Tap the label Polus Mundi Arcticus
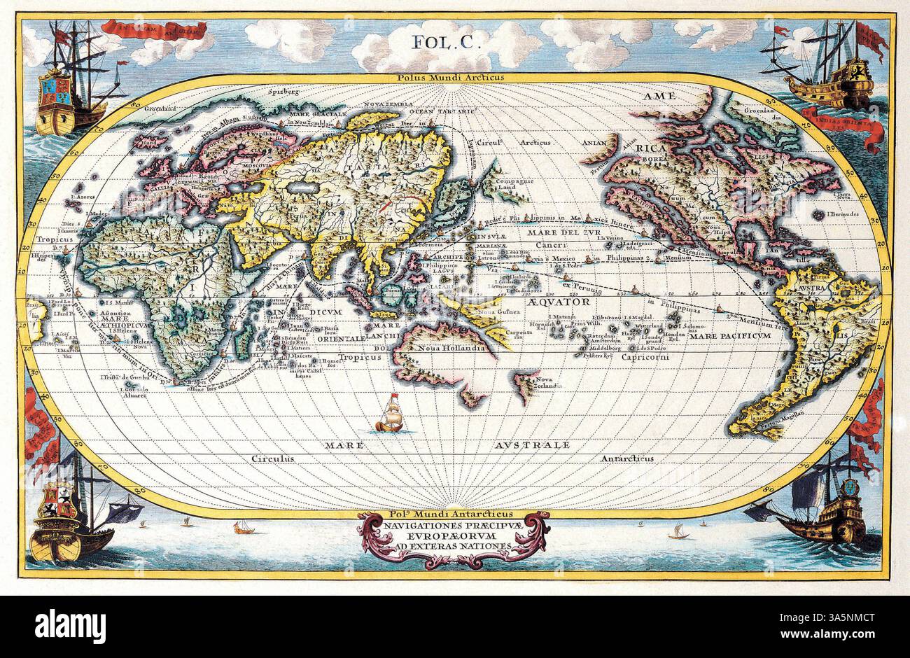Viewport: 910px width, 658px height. coord(454,79)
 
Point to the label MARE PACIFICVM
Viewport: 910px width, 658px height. coord(729,336)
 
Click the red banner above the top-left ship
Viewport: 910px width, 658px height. coord(154,29)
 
